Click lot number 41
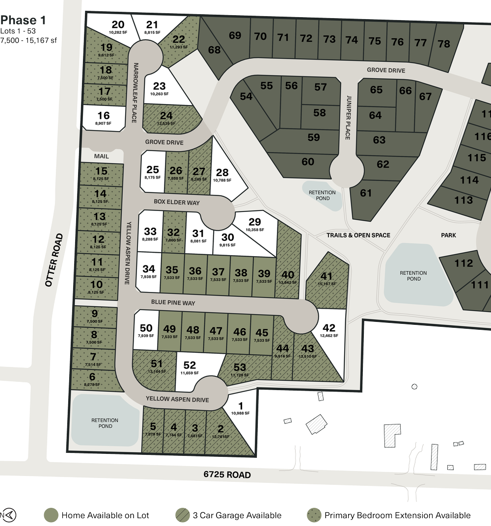pyautogui.click(x=327, y=276)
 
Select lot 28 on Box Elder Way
pyautogui.click(x=222, y=173)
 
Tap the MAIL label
pyautogui.click(x=102, y=156)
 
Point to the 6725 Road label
pyautogui.click(x=227, y=475)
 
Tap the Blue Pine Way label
pyautogui.click(x=173, y=303)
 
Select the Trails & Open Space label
pyautogui.click(x=358, y=235)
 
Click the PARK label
pyautogui.click(x=448, y=235)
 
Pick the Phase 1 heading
pyautogui.click(x=19, y=21)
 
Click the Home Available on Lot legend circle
pyautogui.click(x=50, y=515)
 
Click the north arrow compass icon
pyautogui.click(x=9, y=515)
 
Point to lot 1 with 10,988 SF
pyautogui.click(x=241, y=408)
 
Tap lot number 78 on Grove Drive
pyautogui.click(x=443, y=43)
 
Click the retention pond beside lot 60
pyautogui.click(x=322, y=195)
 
